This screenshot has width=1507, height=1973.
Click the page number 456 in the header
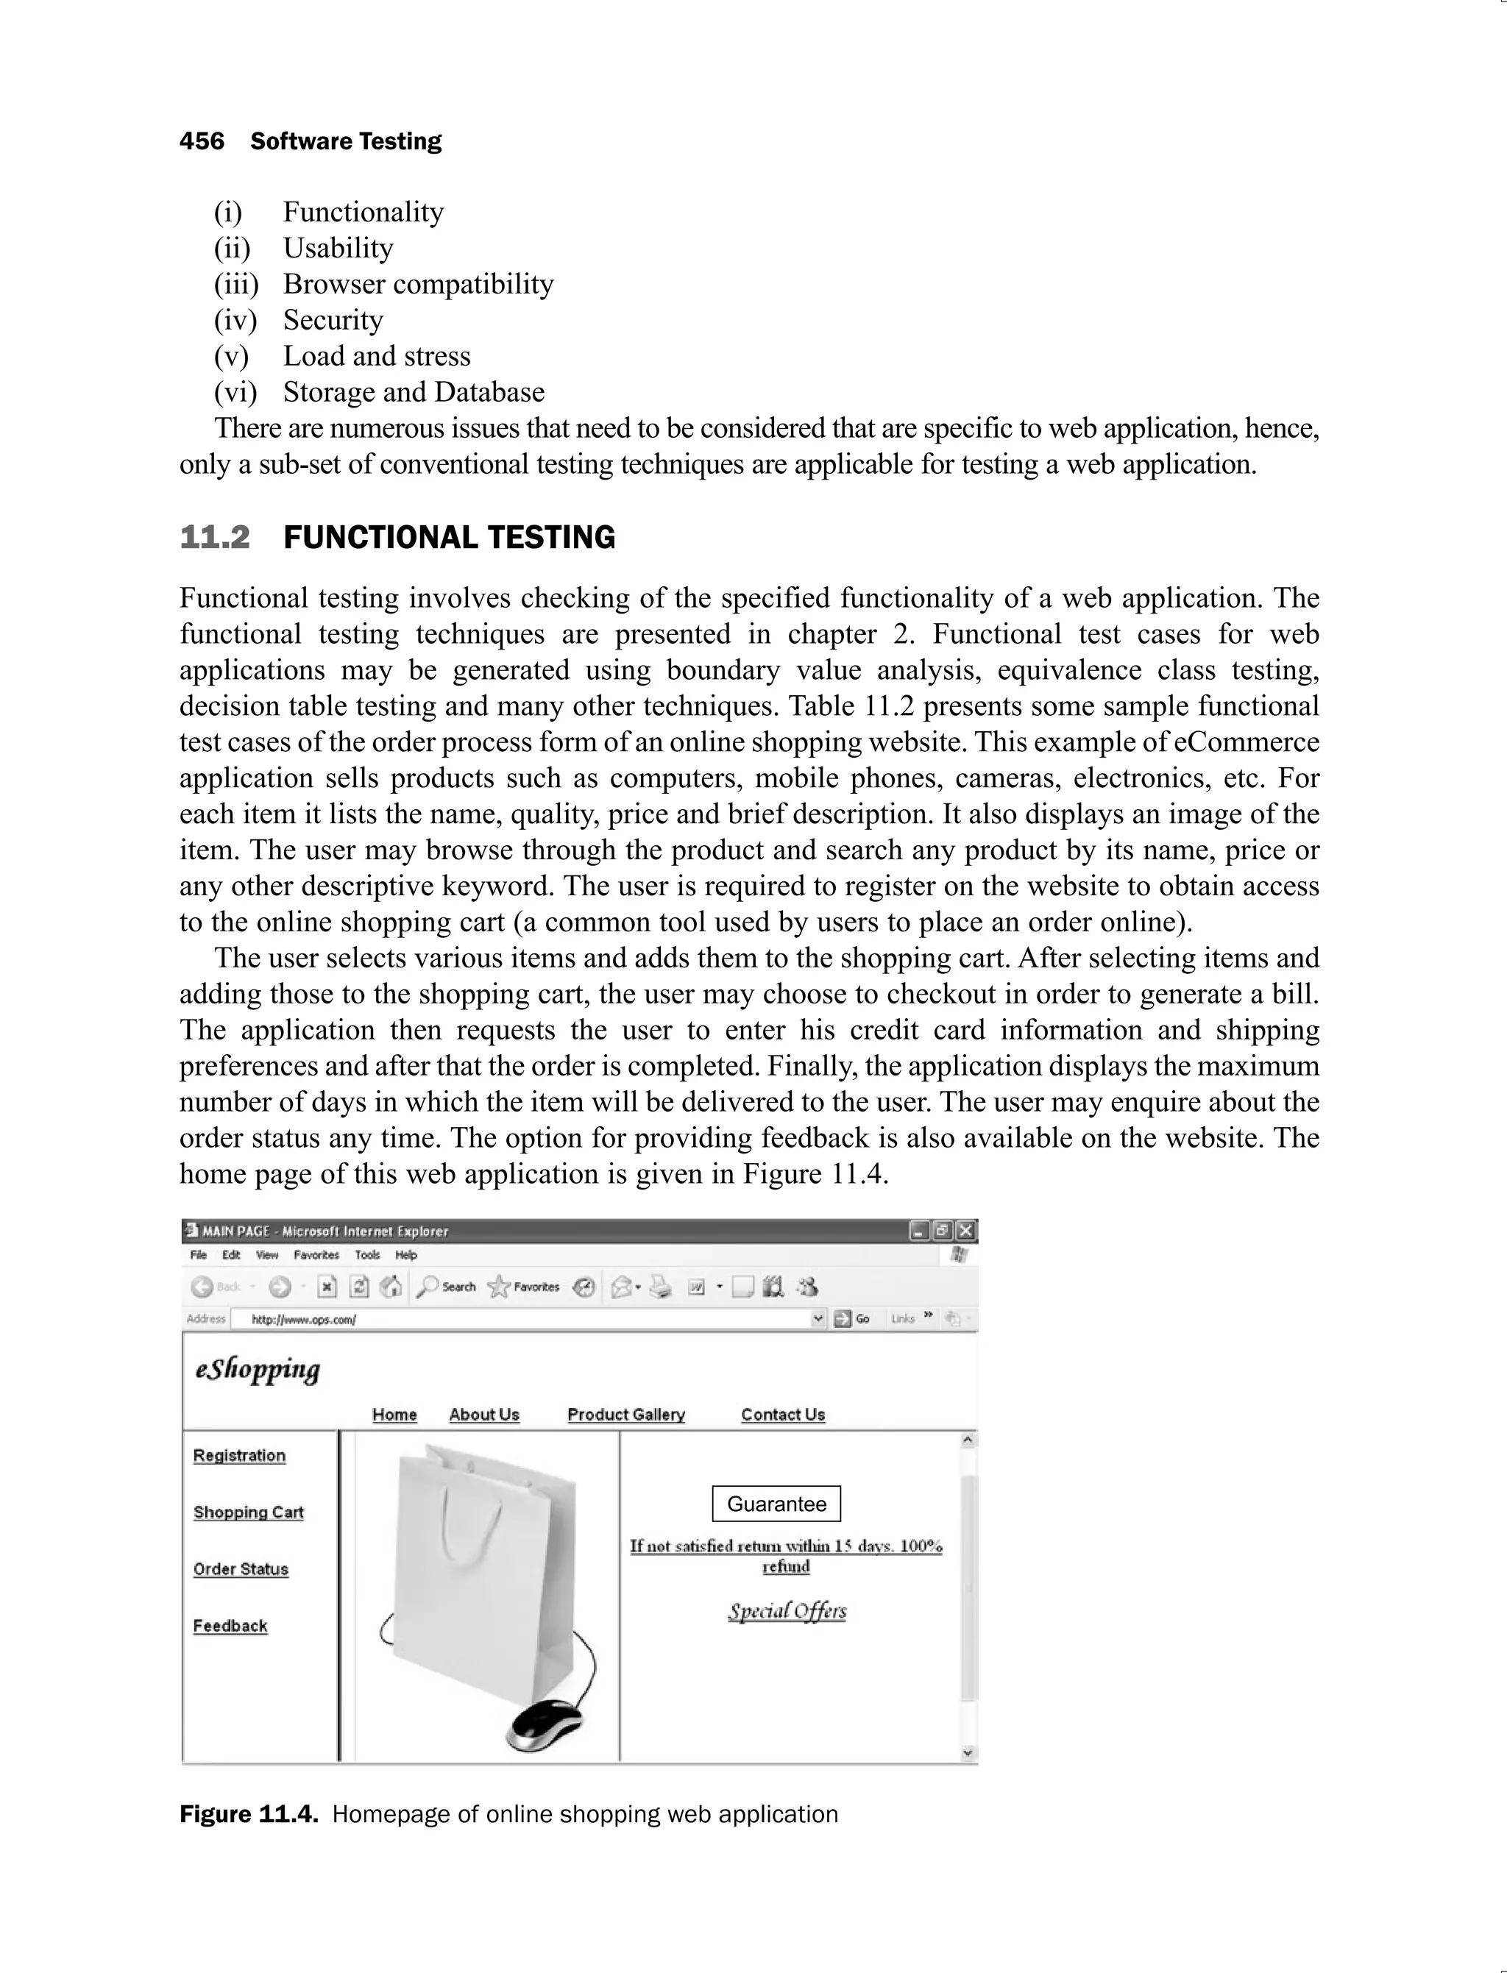(202, 142)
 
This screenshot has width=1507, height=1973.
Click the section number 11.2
(214, 537)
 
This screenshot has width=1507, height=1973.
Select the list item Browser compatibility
(418, 284)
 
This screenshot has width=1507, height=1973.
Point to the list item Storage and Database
(414, 392)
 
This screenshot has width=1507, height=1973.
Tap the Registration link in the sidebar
(239, 1456)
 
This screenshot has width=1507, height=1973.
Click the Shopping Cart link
(249, 1512)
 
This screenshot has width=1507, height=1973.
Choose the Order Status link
(241, 1568)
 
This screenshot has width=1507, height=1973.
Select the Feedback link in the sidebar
(230, 1626)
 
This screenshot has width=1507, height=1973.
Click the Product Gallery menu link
(626, 1415)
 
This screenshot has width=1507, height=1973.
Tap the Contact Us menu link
(782, 1415)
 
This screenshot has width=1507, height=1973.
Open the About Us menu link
(484, 1415)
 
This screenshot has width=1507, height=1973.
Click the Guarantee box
(776, 1504)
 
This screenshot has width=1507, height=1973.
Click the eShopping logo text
(258, 1370)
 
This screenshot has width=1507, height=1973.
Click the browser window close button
(965, 1231)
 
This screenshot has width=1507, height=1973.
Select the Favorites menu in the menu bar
(316, 1255)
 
